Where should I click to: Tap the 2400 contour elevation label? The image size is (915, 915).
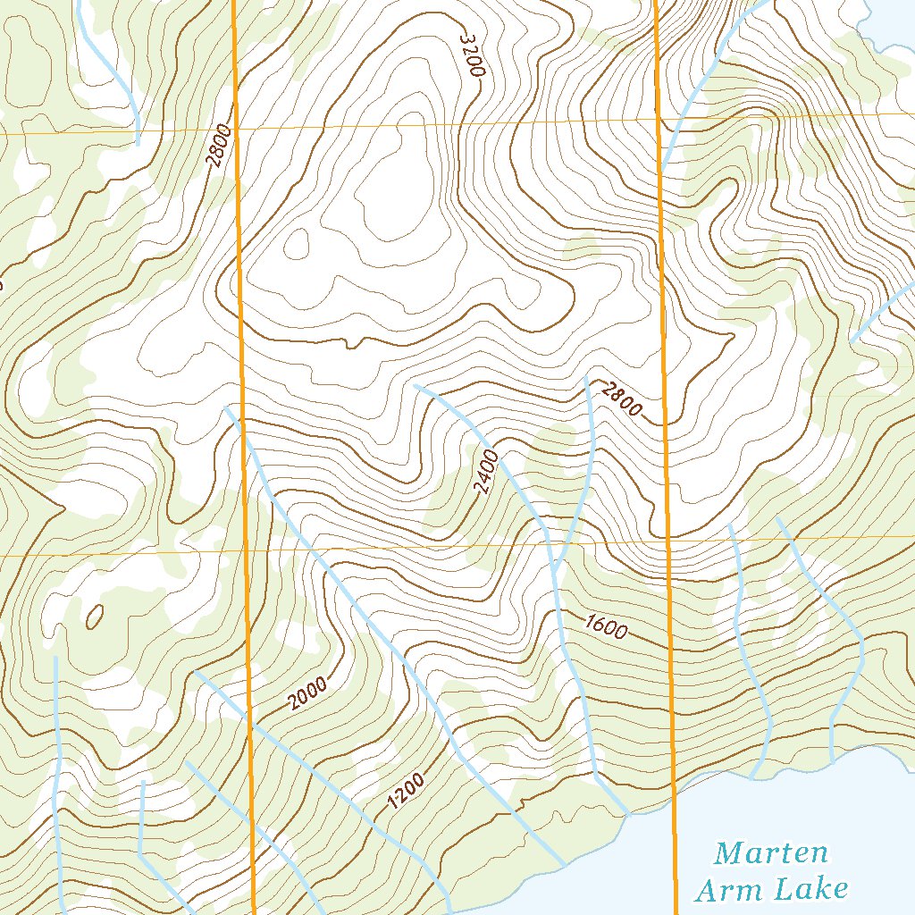coord(485,473)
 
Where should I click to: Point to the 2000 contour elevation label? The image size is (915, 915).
coord(308,693)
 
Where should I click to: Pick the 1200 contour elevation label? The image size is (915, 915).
coord(405,792)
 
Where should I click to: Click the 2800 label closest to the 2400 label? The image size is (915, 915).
coord(621,399)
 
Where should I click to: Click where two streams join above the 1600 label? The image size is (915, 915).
coord(554,570)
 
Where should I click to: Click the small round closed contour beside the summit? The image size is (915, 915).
coord(296,242)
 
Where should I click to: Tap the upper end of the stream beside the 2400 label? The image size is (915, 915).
coord(416,385)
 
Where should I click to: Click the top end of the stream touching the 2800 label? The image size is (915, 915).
coord(586,378)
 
